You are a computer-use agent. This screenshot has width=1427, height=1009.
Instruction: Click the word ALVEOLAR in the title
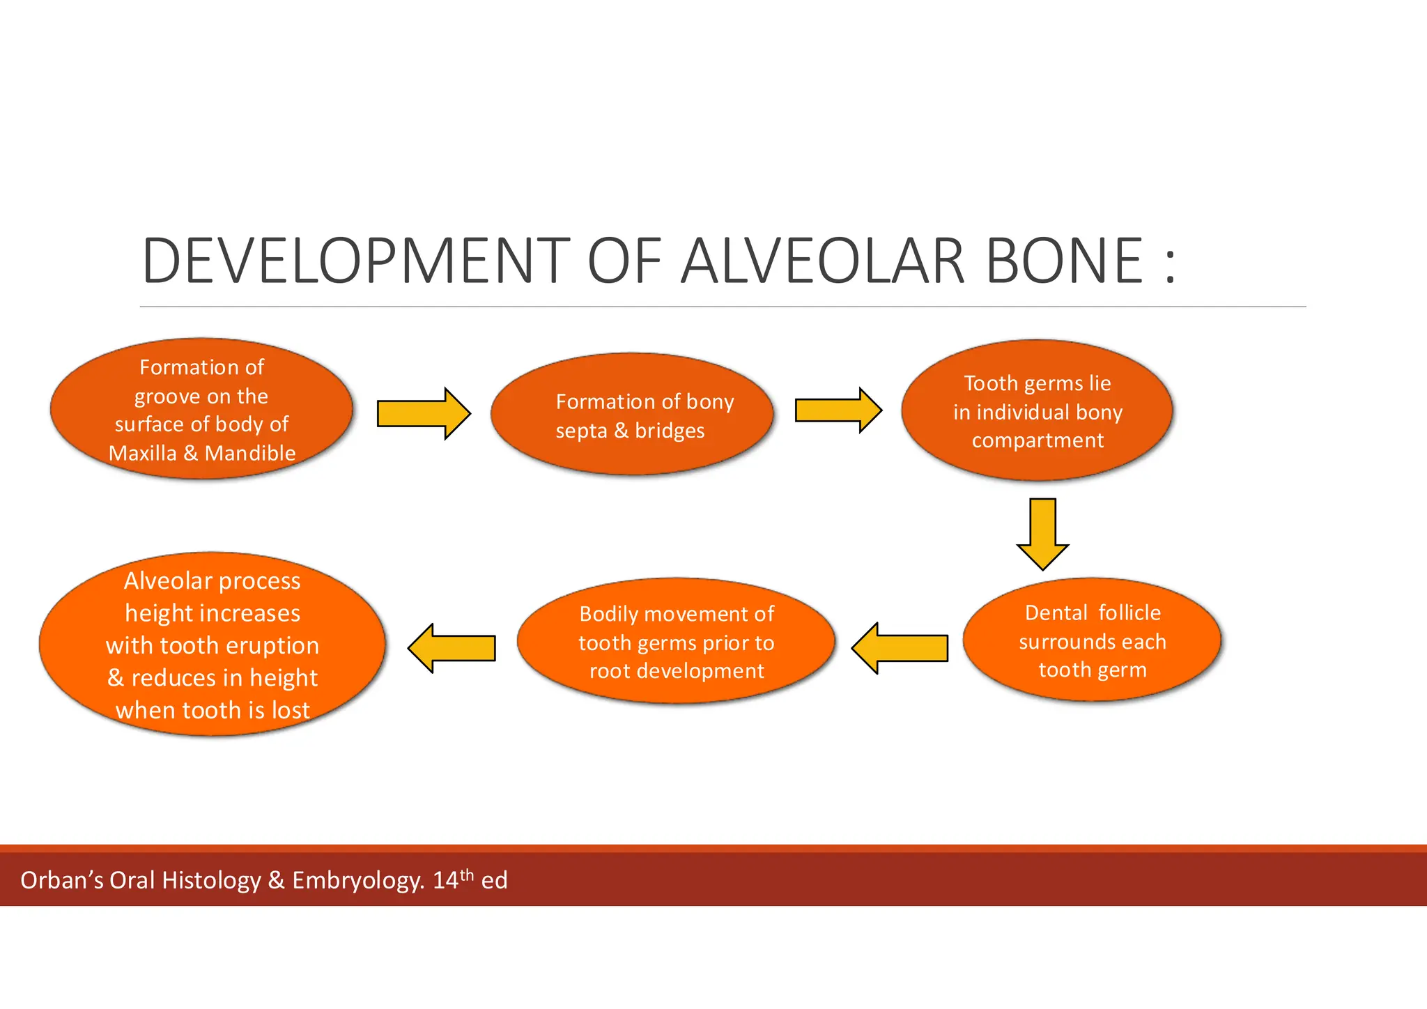822,261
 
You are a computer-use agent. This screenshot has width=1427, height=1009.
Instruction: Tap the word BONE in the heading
1064,261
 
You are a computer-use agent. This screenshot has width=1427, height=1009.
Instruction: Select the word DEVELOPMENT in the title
355,261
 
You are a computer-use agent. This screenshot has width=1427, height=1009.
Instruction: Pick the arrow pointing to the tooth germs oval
838,410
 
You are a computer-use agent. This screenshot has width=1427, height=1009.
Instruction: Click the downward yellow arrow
1042,534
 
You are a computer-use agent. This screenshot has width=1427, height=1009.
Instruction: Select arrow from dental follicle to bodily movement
900,648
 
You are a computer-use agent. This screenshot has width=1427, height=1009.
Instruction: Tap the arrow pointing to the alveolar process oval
452,648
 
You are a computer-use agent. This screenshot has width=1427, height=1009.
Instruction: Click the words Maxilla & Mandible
202,454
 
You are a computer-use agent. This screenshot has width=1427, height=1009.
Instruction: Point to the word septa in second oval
580,431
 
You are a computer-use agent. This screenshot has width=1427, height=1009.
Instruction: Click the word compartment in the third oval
1038,441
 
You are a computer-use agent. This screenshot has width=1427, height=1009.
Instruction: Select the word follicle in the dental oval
1129,613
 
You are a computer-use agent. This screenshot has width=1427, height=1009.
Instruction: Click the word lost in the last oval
291,711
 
